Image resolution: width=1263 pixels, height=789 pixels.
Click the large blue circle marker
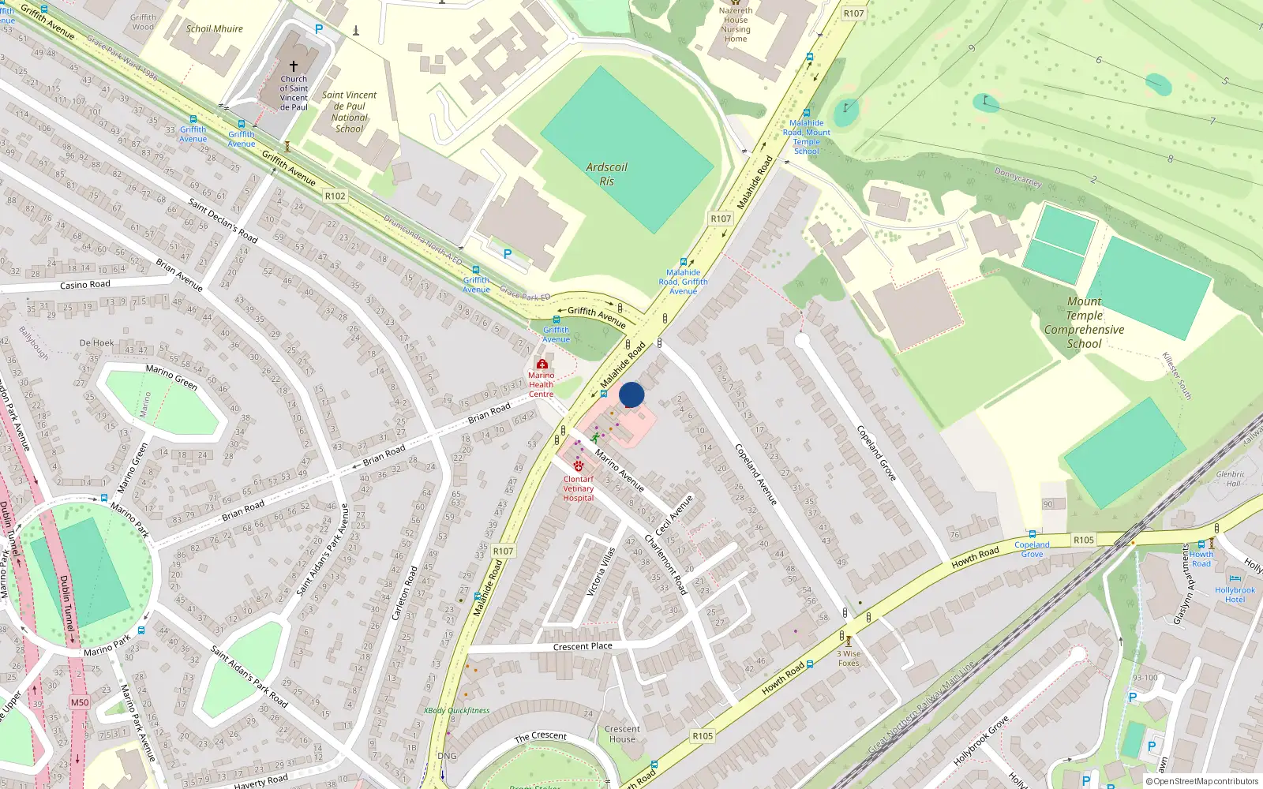[x=631, y=394]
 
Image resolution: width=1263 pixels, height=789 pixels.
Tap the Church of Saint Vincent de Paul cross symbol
[x=294, y=66]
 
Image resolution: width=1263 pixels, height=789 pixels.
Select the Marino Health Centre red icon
[x=542, y=365]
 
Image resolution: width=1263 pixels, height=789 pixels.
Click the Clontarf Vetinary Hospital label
[x=579, y=488]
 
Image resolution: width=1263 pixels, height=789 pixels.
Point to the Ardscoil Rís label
[x=606, y=174]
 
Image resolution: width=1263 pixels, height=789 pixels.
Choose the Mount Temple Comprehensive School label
[x=1084, y=322]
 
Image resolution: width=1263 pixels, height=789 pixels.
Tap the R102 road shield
[x=335, y=196]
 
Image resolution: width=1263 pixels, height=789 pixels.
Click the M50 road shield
[x=80, y=702]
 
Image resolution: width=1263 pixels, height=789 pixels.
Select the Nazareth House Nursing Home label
[x=736, y=24]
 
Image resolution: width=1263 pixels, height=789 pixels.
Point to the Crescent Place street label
[x=583, y=646]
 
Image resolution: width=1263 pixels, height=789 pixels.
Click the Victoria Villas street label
[x=600, y=571]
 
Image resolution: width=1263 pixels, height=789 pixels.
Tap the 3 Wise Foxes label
[x=849, y=658]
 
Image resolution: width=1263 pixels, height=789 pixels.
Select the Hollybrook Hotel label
[x=1235, y=595]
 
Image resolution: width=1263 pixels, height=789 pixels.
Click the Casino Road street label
[x=85, y=285]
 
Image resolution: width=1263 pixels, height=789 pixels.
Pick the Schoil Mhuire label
[x=215, y=29]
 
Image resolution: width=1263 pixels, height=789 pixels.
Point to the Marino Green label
[x=171, y=376]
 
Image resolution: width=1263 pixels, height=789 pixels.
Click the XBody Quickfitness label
[x=457, y=710]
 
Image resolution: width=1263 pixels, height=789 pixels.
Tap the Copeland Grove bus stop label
[x=1032, y=549]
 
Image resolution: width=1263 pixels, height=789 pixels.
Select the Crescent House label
[x=622, y=734]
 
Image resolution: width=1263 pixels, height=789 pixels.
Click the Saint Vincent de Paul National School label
[x=350, y=111]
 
